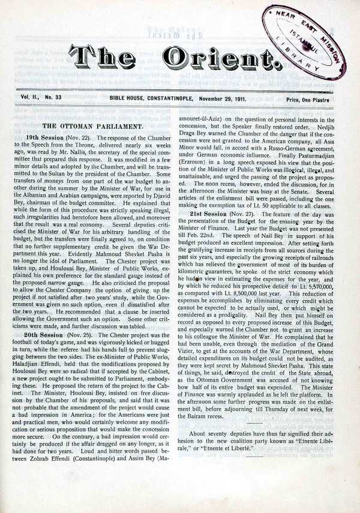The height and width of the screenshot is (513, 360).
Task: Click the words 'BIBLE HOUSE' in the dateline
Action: pos(127,98)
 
